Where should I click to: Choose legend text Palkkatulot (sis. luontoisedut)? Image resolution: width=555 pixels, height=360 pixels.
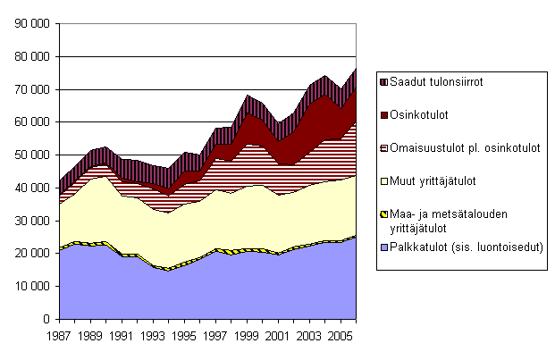pos(462,247)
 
